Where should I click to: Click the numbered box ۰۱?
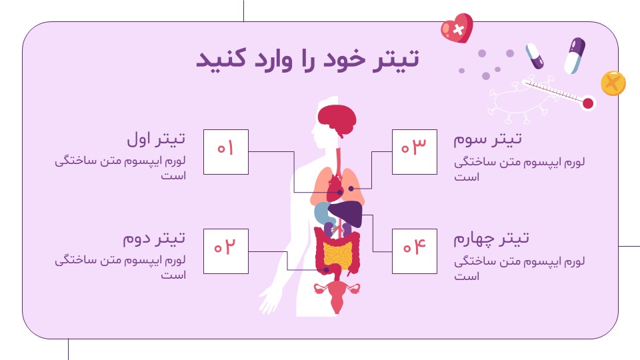click(x=226, y=152)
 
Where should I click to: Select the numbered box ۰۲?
click(x=226, y=251)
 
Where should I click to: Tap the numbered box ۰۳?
click(x=414, y=152)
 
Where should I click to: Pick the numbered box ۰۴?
click(x=414, y=251)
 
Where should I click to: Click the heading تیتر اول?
click(x=156, y=139)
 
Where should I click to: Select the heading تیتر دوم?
click(x=154, y=238)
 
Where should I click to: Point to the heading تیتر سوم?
click(x=488, y=139)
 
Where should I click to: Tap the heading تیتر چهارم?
click(x=491, y=239)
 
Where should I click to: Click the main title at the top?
click(x=308, y=59)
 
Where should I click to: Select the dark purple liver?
click(x=346, y=213)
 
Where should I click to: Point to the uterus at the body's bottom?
click(x=337, y=295)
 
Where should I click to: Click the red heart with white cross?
click(x=457, y=29)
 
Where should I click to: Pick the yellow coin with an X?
click(x=613, y=83)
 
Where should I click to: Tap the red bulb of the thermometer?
click(x=588, y=103)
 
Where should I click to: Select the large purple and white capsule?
click(x=575, y=56)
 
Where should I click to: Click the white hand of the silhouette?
click(x=269, y=301)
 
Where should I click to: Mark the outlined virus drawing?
click(x=519, y=100)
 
